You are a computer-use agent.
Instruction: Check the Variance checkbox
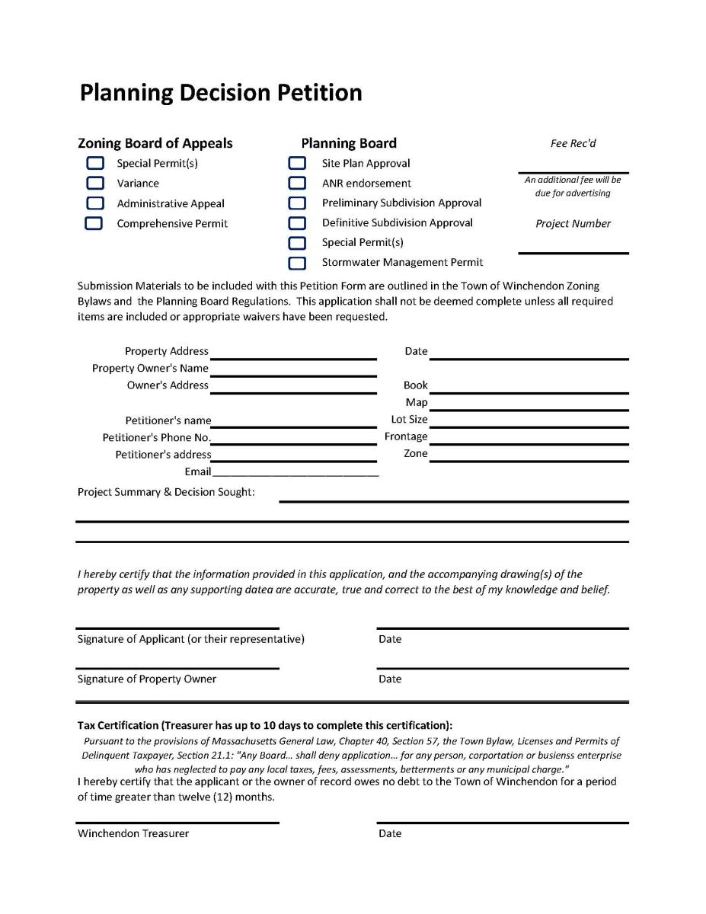click(x=94, y=183)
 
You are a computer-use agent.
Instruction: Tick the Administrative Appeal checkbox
click(x=94, y=203)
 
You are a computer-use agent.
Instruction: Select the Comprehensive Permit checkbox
click(x=94, y=223)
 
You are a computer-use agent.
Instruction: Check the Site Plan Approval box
click(x=297, y=163)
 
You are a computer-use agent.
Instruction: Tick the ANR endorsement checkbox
click(x=297, y=183)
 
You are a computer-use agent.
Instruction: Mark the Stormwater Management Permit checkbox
click(x=297, y=263)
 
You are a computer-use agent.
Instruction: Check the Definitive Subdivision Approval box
click(x=297, y=223)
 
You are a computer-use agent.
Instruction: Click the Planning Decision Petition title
click(x=221, y=93)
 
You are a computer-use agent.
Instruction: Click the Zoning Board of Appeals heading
click(x=155, y=143)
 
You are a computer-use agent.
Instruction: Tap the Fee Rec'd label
click(x=573, y=143)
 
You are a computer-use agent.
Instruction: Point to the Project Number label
click(x=573, y=223)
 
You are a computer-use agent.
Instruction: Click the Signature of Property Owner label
click(x=147, y=679)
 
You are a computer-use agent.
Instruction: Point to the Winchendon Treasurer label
click(x=133, y=833)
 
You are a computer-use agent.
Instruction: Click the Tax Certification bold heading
click(x=265, y=725)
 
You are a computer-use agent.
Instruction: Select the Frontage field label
click(x=406, y=436)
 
